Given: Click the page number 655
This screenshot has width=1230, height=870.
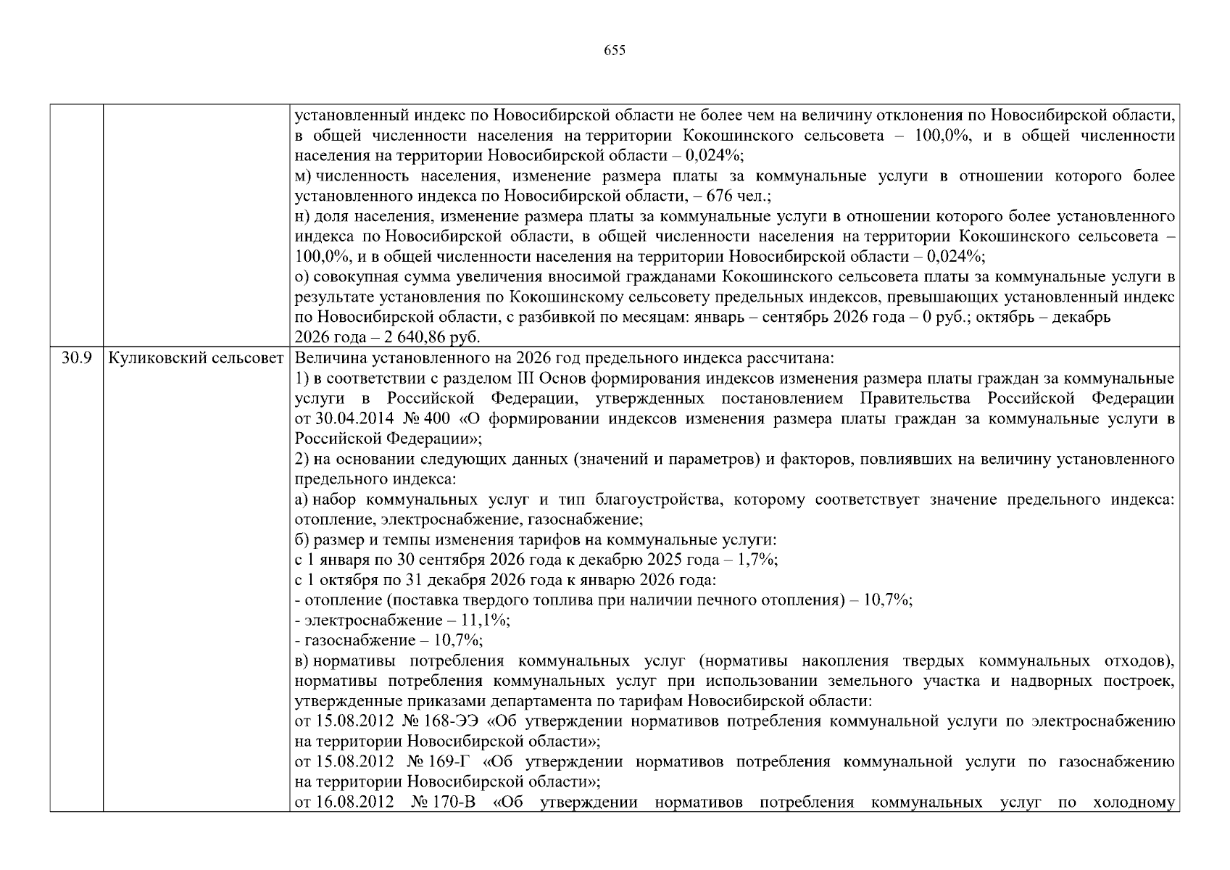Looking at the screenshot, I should (x=614, y=51).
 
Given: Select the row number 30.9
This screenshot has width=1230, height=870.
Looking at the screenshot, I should (x=76, y=358).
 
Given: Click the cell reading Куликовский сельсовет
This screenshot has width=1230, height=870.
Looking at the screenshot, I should (x=196, y=358).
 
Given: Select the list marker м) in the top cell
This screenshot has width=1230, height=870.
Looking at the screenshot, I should (x=303, y=176).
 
